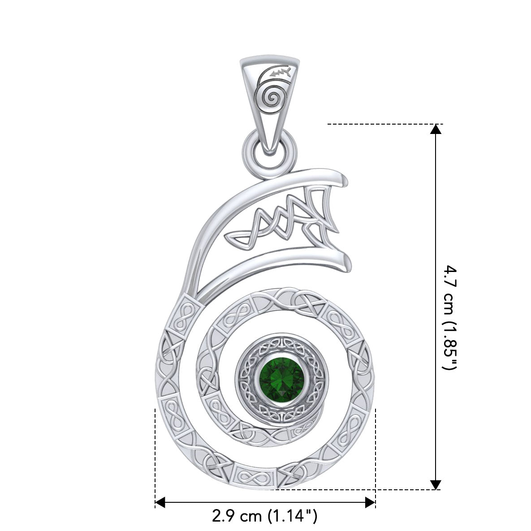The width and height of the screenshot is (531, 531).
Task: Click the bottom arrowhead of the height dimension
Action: click(x=435, y=484)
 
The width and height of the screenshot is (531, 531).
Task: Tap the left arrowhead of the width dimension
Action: click(x=160, y=503)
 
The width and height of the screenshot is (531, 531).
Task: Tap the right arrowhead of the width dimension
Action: click(x=370, y=503)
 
